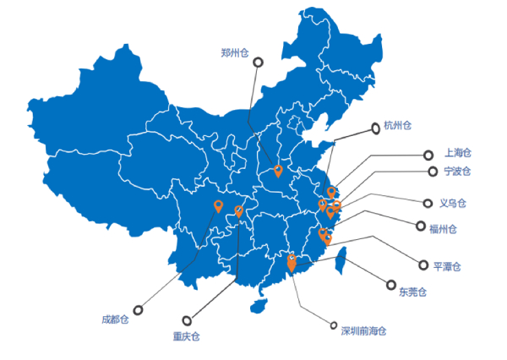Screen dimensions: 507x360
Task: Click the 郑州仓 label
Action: tap(235, 52)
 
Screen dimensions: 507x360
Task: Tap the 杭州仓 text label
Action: tap(397, 126)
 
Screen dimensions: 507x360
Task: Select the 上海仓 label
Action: tap(458, 153)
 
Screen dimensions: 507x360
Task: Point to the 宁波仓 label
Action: tap(457, 171)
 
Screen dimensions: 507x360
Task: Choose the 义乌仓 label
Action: tap(453, 203)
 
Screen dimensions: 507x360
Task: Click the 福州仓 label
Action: tap(443, 229)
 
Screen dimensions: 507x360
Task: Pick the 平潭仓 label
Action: tap(447, 266)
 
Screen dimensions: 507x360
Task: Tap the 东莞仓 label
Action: tap(412, 292)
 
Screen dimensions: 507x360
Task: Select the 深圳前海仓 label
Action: tap(363, 331)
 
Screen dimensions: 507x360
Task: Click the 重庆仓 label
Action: tap(186, 336)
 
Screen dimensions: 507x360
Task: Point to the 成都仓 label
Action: tap(115, 319)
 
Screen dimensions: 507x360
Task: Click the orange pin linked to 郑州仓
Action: tap(278, 171)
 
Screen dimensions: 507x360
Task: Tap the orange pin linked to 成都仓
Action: tap(219, 206)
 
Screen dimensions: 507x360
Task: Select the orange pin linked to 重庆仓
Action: tap(238, 211)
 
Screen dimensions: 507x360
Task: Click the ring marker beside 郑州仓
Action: tap(258, 62)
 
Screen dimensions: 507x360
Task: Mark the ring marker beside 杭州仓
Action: tap(375, 128)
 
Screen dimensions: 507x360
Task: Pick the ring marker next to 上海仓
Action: tap(428, 155)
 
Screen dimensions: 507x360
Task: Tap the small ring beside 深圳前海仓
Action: tap(334, 325)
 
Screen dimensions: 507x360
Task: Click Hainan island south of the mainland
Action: tap(259, 306)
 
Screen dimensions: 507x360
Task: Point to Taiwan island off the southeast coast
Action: tap(341, 259)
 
